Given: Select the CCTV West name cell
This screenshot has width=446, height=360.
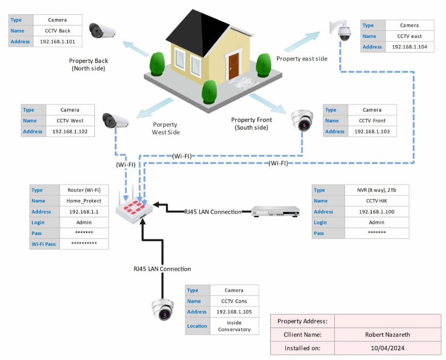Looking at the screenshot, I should [70, 121].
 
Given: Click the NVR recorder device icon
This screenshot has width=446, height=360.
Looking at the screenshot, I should [276, 212].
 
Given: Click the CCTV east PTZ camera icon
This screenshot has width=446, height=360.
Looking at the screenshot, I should [342, 30].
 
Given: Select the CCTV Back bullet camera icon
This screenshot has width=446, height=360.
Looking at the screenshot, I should [102, 31].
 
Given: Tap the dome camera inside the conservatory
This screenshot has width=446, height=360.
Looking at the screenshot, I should [163, 310].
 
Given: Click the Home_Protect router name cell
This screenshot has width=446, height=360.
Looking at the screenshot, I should [84, 201].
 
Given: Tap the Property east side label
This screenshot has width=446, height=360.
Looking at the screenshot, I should [302, 59].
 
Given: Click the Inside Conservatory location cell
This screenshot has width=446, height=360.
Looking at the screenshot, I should [234, 326].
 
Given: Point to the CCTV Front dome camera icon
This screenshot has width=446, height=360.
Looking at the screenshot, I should [302, 120].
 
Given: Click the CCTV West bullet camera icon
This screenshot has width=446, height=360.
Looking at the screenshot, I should [115, 120].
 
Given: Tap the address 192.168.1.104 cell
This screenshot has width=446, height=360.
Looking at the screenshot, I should [409, 47].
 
